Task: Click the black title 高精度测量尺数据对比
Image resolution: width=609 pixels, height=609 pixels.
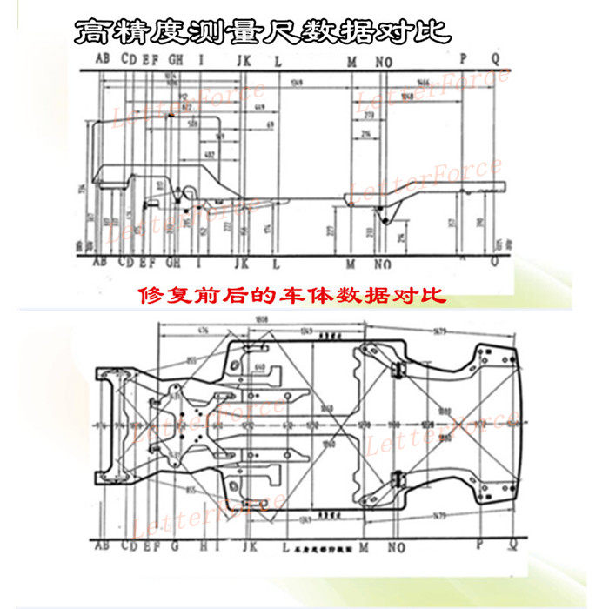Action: point(264,32)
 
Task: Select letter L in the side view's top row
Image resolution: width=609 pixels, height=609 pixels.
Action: point(278,60)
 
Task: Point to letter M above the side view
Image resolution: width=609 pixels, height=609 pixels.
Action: point(351,60)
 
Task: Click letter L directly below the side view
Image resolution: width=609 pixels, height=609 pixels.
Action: point(276,263)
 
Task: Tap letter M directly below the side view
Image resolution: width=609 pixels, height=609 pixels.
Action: point(351,263)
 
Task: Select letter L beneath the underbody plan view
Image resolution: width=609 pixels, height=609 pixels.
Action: point(277,548)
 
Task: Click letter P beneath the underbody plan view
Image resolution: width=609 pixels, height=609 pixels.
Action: point(478,545)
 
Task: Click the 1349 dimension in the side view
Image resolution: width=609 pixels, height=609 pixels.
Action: point(297,83)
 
